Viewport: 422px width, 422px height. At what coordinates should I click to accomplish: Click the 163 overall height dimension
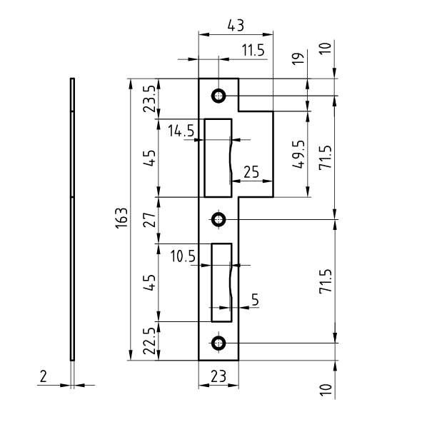121,218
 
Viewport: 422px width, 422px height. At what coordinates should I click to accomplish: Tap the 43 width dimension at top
236,25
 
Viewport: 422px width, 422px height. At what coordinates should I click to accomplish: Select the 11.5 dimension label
253,50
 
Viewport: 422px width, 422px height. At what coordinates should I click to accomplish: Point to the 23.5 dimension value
149,99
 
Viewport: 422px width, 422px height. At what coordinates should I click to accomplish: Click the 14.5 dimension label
181,131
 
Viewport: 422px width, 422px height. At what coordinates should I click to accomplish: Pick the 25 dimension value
251,172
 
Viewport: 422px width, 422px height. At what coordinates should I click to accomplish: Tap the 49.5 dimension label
298,154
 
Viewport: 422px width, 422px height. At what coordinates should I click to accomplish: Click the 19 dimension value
298,58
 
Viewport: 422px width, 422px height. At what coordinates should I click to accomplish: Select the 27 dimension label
149,220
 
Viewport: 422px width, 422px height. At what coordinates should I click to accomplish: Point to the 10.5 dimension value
183,256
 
